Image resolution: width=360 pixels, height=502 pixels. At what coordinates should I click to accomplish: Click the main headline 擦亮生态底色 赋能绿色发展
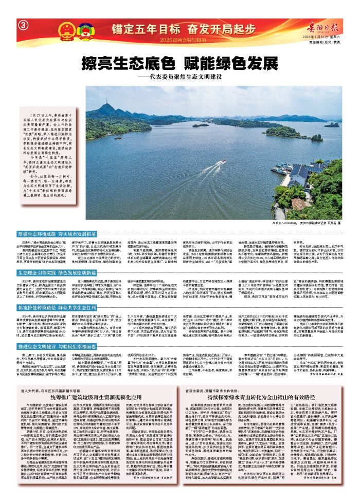pyautogui.click(x=179, y=64)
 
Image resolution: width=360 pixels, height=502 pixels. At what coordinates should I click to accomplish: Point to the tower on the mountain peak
pyautogui.click(x=106, y=103)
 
